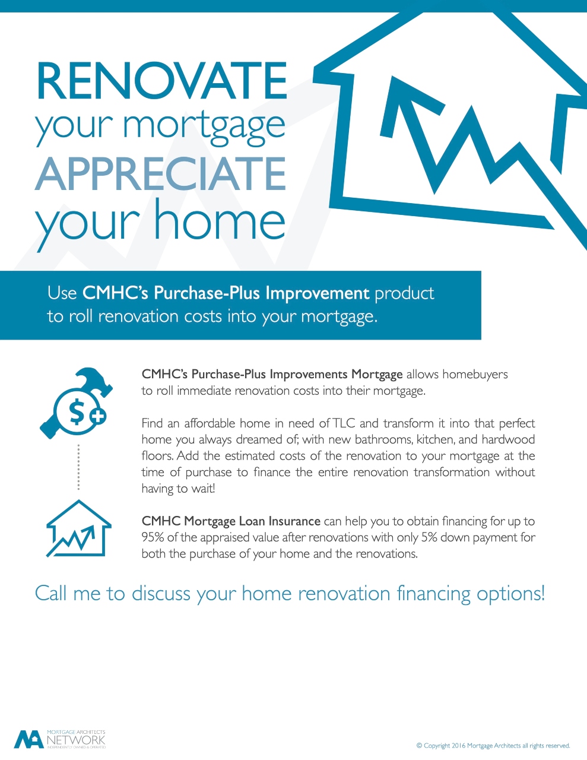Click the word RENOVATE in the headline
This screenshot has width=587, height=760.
pos(161,81)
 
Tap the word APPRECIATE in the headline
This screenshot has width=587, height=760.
pos(160,174)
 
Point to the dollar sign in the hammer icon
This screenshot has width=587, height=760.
pos(77,413)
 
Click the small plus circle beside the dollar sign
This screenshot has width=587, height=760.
pos(97,416)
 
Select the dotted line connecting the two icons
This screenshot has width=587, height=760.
pos(79,467)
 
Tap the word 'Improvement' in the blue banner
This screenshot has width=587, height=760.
pos(317,293)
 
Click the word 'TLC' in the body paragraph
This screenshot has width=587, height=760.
pos(344,423)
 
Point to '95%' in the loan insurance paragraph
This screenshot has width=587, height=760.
pos(153,537)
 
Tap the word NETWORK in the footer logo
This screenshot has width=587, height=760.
pos(76,740)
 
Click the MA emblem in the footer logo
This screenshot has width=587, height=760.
pos(29,739)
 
